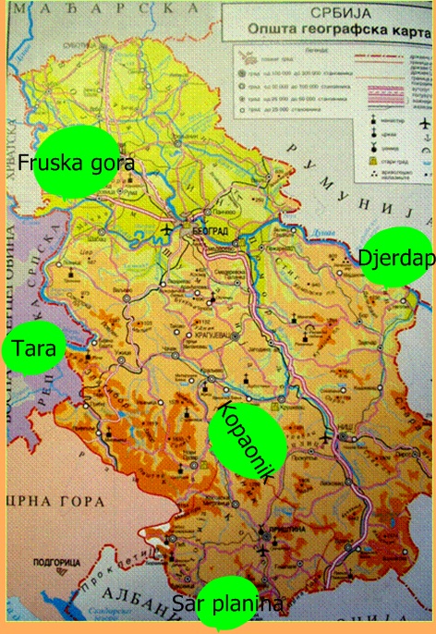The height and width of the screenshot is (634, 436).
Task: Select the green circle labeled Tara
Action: click(35, 348)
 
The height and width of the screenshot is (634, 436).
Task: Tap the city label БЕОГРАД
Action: click(209, 225)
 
